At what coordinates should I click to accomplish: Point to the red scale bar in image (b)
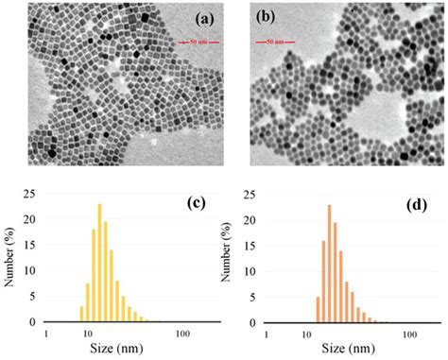coord(272,43)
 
